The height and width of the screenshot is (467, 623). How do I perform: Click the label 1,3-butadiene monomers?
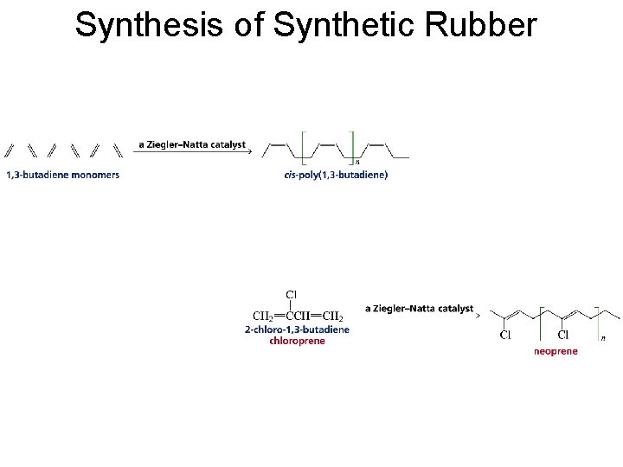click(63, 175)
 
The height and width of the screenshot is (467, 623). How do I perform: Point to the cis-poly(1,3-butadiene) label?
click(336, 175)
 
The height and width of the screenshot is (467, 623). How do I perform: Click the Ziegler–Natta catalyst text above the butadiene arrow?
click(192, 144)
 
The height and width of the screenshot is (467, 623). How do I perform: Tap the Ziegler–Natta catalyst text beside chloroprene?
click(419, 308)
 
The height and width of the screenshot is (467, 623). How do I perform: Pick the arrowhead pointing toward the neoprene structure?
click(478, 316)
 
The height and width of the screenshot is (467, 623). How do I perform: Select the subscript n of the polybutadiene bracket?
click(357, 161)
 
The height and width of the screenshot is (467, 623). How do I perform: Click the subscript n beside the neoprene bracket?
click(603, 337)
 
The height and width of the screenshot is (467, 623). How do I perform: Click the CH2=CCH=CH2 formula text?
click(297, 317)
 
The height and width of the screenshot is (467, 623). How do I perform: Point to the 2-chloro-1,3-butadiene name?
click(297, 329)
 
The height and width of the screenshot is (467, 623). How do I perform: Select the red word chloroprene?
click(297, 341)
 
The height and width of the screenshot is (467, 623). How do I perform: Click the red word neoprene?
click(556, 351)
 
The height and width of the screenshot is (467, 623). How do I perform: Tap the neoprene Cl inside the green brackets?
click(563, 336)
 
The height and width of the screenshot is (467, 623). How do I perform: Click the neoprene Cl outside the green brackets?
click(505, 336)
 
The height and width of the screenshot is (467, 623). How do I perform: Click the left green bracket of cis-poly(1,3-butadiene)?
click(302, 147)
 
